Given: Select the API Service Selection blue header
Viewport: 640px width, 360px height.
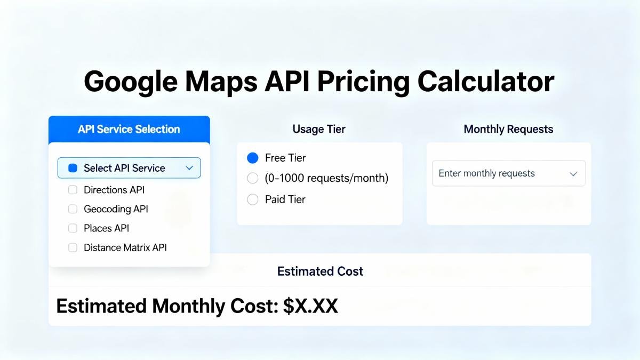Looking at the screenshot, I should point(129,129).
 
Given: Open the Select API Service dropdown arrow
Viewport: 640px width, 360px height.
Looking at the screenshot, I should point(189,168).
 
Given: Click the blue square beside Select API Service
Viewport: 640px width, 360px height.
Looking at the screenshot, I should point(73,168).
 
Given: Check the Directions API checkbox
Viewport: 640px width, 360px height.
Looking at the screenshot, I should point(73,190).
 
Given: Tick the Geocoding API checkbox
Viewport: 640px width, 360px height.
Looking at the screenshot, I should point(73,209).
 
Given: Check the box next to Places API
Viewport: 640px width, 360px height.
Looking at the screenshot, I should point(73,228).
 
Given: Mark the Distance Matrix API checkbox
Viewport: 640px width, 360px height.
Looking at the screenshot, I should point(73,247).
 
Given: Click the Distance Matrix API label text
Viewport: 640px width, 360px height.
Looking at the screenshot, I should point(125,247).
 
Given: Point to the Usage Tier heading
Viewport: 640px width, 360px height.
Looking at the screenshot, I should point(319,129).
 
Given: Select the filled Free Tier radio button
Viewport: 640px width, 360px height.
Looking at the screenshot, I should point(253,158).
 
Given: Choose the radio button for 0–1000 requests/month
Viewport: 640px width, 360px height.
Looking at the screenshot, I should point(253,178).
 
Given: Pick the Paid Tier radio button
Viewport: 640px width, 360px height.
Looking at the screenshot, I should point(253,199).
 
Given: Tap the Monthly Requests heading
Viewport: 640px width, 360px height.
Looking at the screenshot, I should point(508,129).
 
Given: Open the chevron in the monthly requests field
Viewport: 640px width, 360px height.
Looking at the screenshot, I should point(573,174).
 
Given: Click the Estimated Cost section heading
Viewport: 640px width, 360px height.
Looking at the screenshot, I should point(320,271).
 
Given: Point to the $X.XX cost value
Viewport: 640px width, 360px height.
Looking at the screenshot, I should point(310,306).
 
